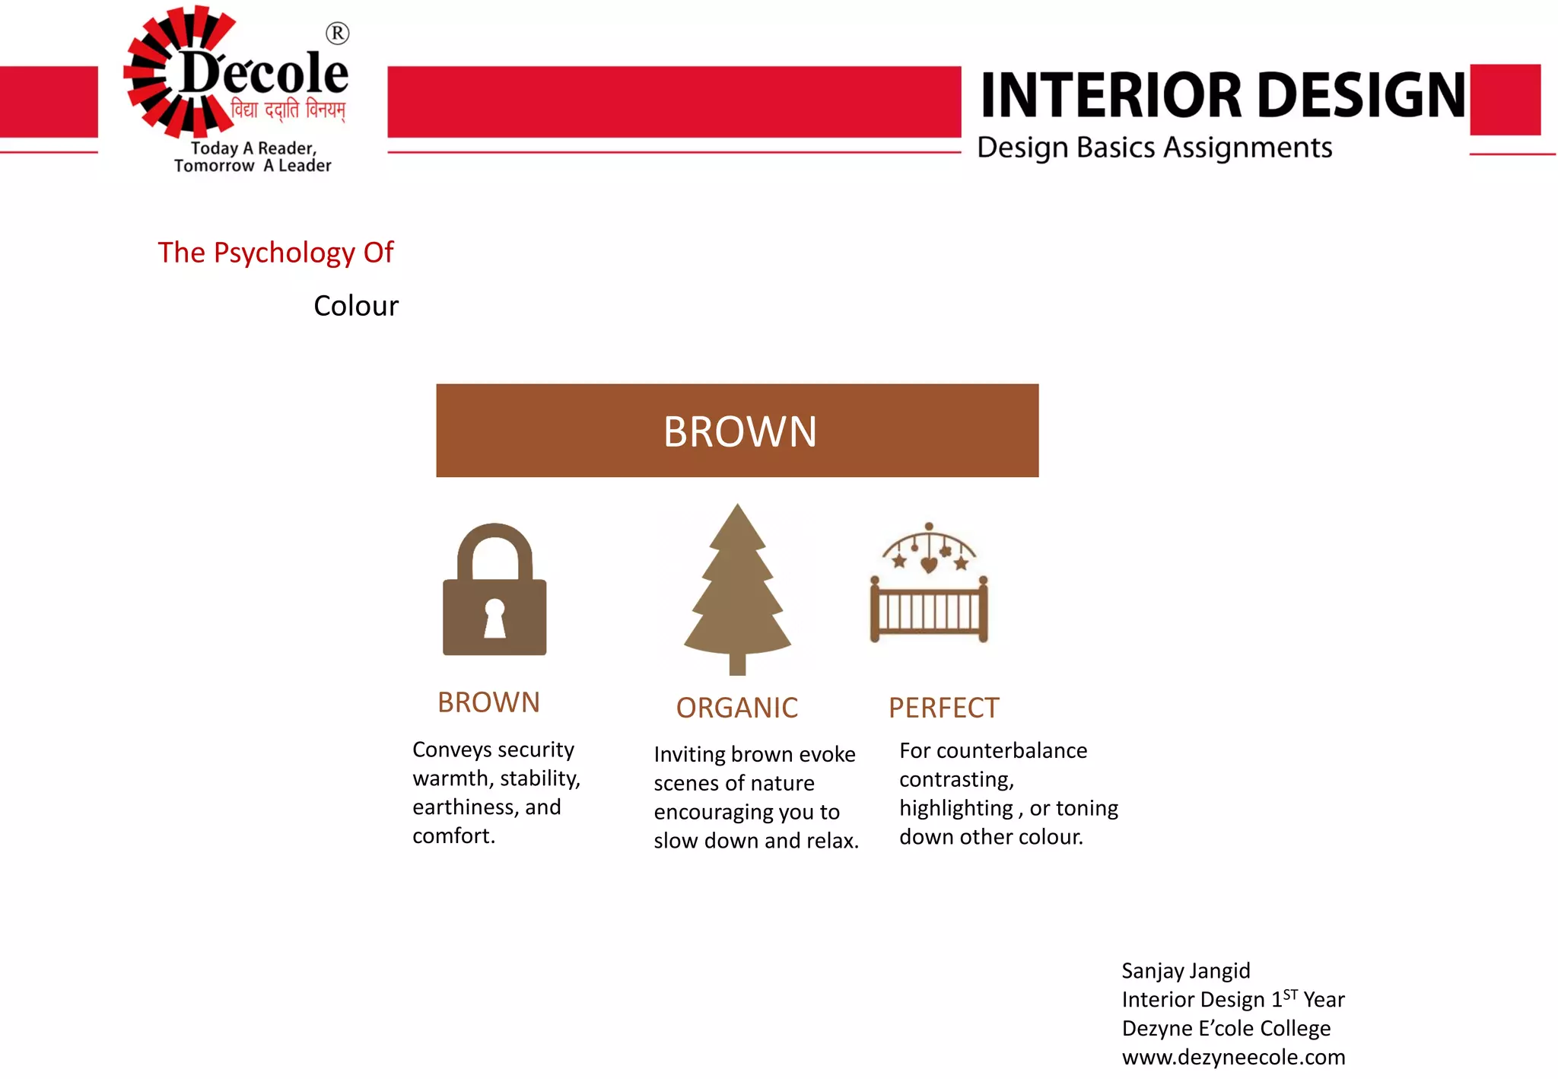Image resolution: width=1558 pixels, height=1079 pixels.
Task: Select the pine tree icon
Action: tap(737, 586)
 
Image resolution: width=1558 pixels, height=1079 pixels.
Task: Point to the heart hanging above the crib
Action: tap(929, 565)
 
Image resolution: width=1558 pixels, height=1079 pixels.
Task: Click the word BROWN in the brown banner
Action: tap(739, 431)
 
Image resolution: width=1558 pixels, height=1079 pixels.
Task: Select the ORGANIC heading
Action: tap(736, 708)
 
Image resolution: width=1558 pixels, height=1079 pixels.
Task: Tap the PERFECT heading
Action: tap(943, 708)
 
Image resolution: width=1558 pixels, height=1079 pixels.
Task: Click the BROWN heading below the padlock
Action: tap(488, 702)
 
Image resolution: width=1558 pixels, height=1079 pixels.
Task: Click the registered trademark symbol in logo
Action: tap(337, 33)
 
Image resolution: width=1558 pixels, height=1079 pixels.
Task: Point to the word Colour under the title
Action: tap(355, 306)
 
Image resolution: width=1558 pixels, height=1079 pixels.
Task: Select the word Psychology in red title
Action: tap(284, 253)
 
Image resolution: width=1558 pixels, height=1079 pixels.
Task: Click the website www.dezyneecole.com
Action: tap(1233, 1057)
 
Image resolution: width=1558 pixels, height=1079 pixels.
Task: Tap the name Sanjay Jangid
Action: tap(1185, 971)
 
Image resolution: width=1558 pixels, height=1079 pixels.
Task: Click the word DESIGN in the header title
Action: tap(1362, 95)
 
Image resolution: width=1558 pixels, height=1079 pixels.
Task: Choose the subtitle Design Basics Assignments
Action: tap(1154, 148)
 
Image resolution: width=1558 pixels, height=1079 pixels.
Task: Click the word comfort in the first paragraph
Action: tap(452, 836)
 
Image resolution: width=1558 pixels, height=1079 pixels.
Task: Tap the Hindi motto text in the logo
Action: tap(288, 110)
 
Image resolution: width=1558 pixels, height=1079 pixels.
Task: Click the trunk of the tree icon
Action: tap(737, 664)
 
